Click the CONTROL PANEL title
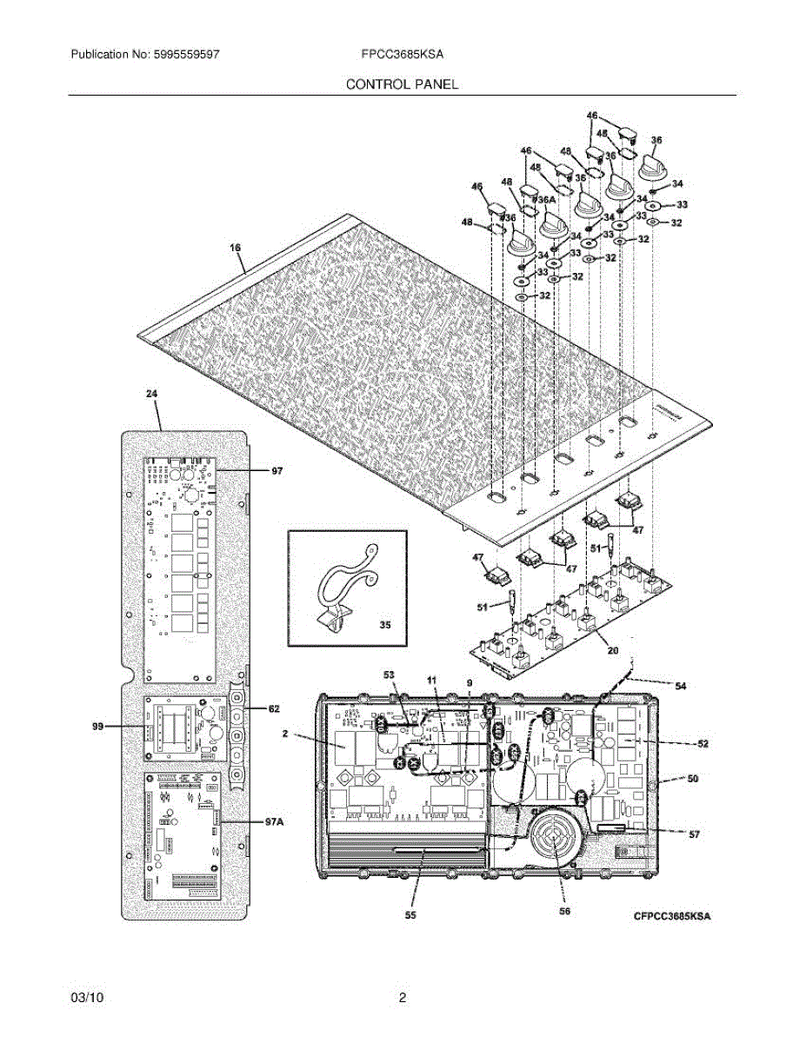402,84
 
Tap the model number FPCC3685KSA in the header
403,54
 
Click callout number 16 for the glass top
235,248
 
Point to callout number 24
152,394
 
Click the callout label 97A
273,821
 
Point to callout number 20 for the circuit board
611,649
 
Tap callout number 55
410,914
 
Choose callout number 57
694,834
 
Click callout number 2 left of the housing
284,734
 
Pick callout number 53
389,674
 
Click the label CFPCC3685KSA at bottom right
672,916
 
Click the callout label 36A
545,200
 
